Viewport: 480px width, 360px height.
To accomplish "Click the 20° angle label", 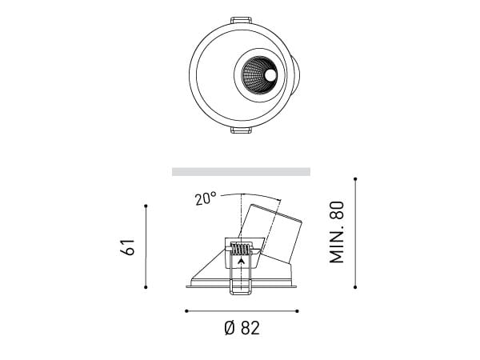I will [205, 198].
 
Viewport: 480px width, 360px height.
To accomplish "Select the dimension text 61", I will [129, 246].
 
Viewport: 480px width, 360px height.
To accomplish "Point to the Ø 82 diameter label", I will [242, 328].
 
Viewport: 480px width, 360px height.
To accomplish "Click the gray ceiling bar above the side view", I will [241, 171].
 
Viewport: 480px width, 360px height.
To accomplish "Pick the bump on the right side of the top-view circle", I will [298, 75].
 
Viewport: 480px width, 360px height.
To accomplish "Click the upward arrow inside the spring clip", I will [241, 259].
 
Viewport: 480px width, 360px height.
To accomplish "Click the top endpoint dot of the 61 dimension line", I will [146, 206].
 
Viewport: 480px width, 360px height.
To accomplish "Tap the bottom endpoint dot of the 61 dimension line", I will [146, 287].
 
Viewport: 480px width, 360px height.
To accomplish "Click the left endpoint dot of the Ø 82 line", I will [186, 310].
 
